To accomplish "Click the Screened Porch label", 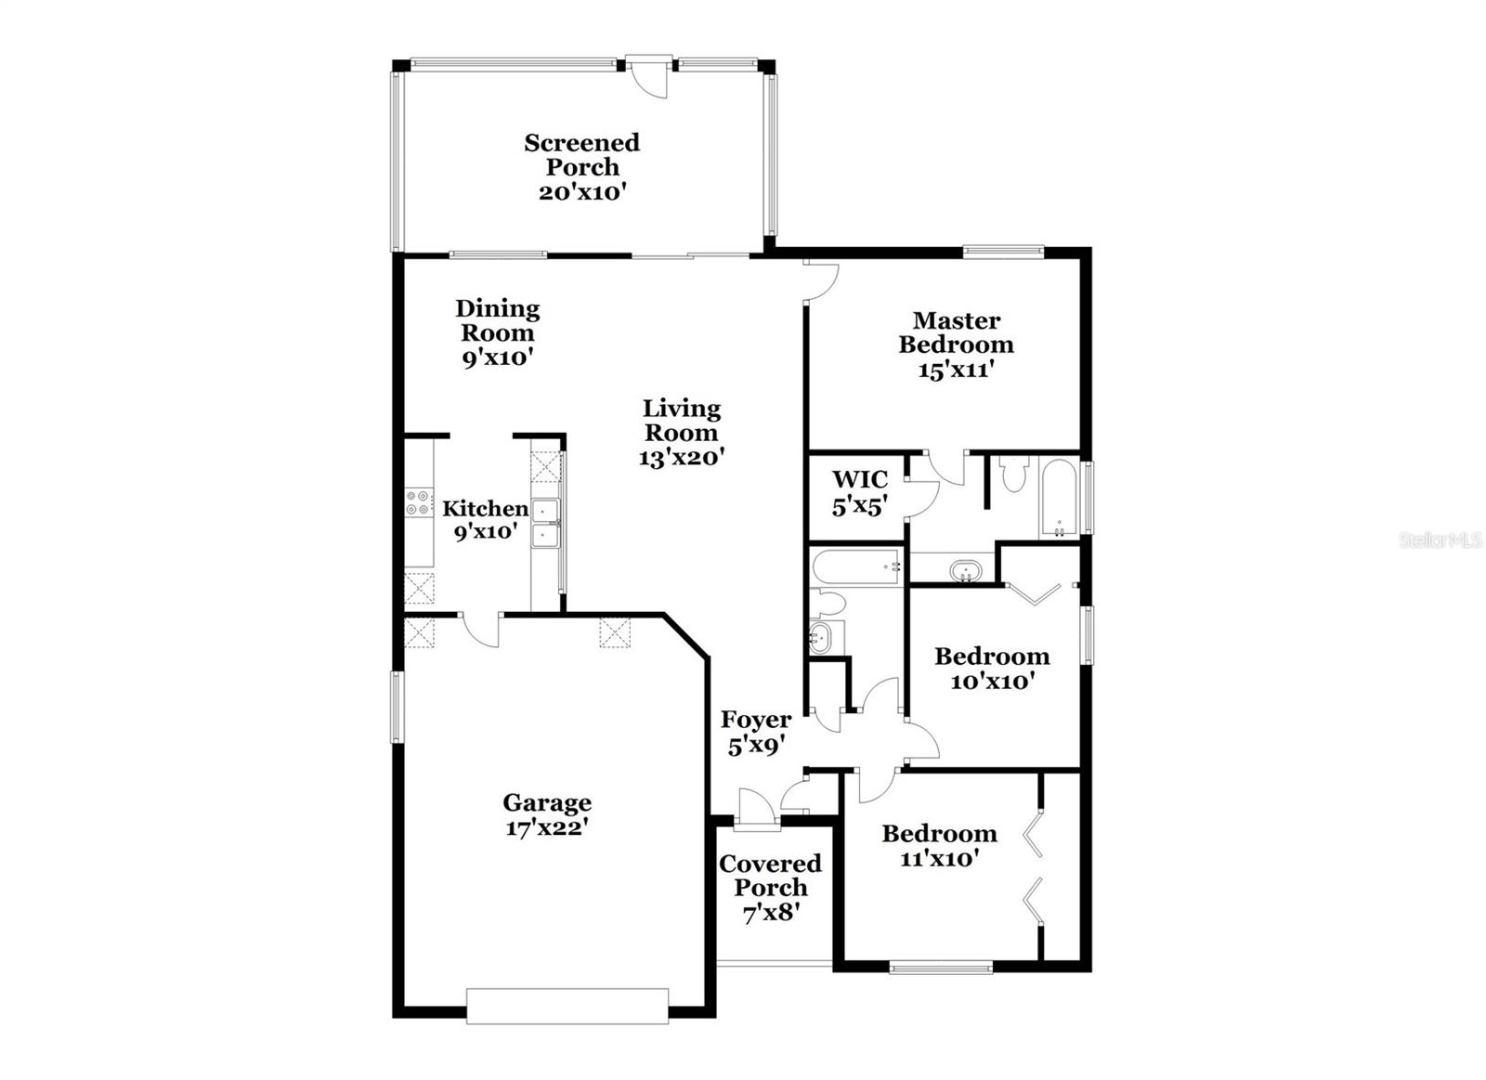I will (581, 154).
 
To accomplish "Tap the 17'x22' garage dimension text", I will (547, 827).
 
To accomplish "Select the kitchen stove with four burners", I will (419, 503).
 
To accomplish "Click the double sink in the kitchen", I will (544, 524).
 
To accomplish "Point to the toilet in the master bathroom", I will (1012, 475).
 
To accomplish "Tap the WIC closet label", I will (859, 480).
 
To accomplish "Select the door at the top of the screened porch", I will (648, 75).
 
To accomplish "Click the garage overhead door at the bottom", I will (567, 1006).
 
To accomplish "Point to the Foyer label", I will (756, 720).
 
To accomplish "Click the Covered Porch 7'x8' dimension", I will (770, 913).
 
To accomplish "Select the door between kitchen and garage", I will (480, 629).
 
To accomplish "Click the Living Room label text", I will (682, 420).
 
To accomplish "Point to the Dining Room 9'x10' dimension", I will (498, 358).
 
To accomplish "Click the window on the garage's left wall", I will (397, 707).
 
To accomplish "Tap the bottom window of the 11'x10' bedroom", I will (940, 968).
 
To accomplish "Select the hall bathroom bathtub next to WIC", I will (855, 566).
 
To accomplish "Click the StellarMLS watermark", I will (1440, 540).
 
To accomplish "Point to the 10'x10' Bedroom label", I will (992, 657).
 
